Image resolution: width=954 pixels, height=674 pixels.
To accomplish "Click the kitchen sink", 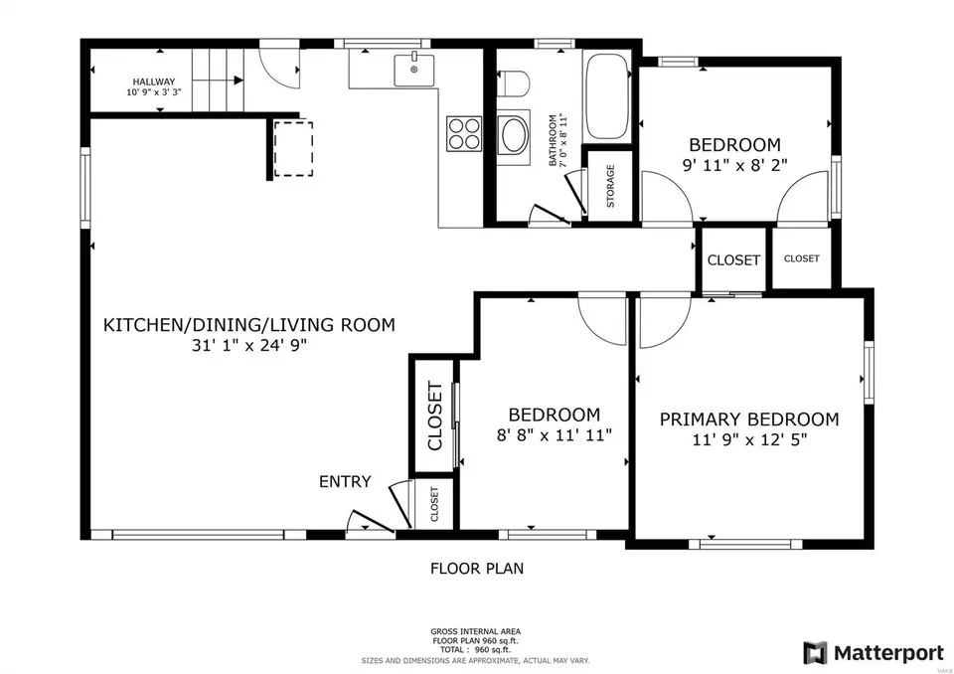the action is [x=413, y=70].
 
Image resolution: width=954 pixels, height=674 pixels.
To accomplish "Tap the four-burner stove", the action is [x=464, y=133].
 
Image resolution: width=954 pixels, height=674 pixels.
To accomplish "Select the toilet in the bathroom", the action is [x=513, y=84].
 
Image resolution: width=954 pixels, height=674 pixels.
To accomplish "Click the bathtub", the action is [x=606, y=96].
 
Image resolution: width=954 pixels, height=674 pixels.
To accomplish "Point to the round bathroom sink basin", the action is [x=513, y=136].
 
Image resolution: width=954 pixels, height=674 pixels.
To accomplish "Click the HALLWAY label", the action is [x=154, y=82].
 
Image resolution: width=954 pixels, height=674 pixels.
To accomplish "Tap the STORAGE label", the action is [x=610, y=186].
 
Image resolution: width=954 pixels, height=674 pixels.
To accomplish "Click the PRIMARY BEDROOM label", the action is [x=749, y=419].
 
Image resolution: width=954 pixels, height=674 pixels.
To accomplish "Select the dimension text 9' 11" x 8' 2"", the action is [x=735, y=165].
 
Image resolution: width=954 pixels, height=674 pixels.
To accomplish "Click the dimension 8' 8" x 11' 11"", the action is [x=555, y=434].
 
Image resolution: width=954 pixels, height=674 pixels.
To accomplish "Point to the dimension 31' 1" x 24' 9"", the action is [x=249, y=345].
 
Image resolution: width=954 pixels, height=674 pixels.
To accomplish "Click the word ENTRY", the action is [x=345, y=481].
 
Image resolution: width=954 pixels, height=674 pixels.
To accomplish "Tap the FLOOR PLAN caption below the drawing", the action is [x=477, y=569].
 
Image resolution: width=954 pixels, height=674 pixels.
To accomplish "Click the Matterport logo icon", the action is [x=815, y=653].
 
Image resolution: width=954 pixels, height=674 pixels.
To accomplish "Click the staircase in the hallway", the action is [x=218, y=81].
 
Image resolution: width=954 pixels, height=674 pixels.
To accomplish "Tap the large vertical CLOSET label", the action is [x=434, y=416].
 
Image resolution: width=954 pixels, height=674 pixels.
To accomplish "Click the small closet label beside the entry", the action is [x=434, y=504].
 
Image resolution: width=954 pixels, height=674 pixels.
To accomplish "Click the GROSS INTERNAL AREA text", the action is [x=476, y=631].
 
